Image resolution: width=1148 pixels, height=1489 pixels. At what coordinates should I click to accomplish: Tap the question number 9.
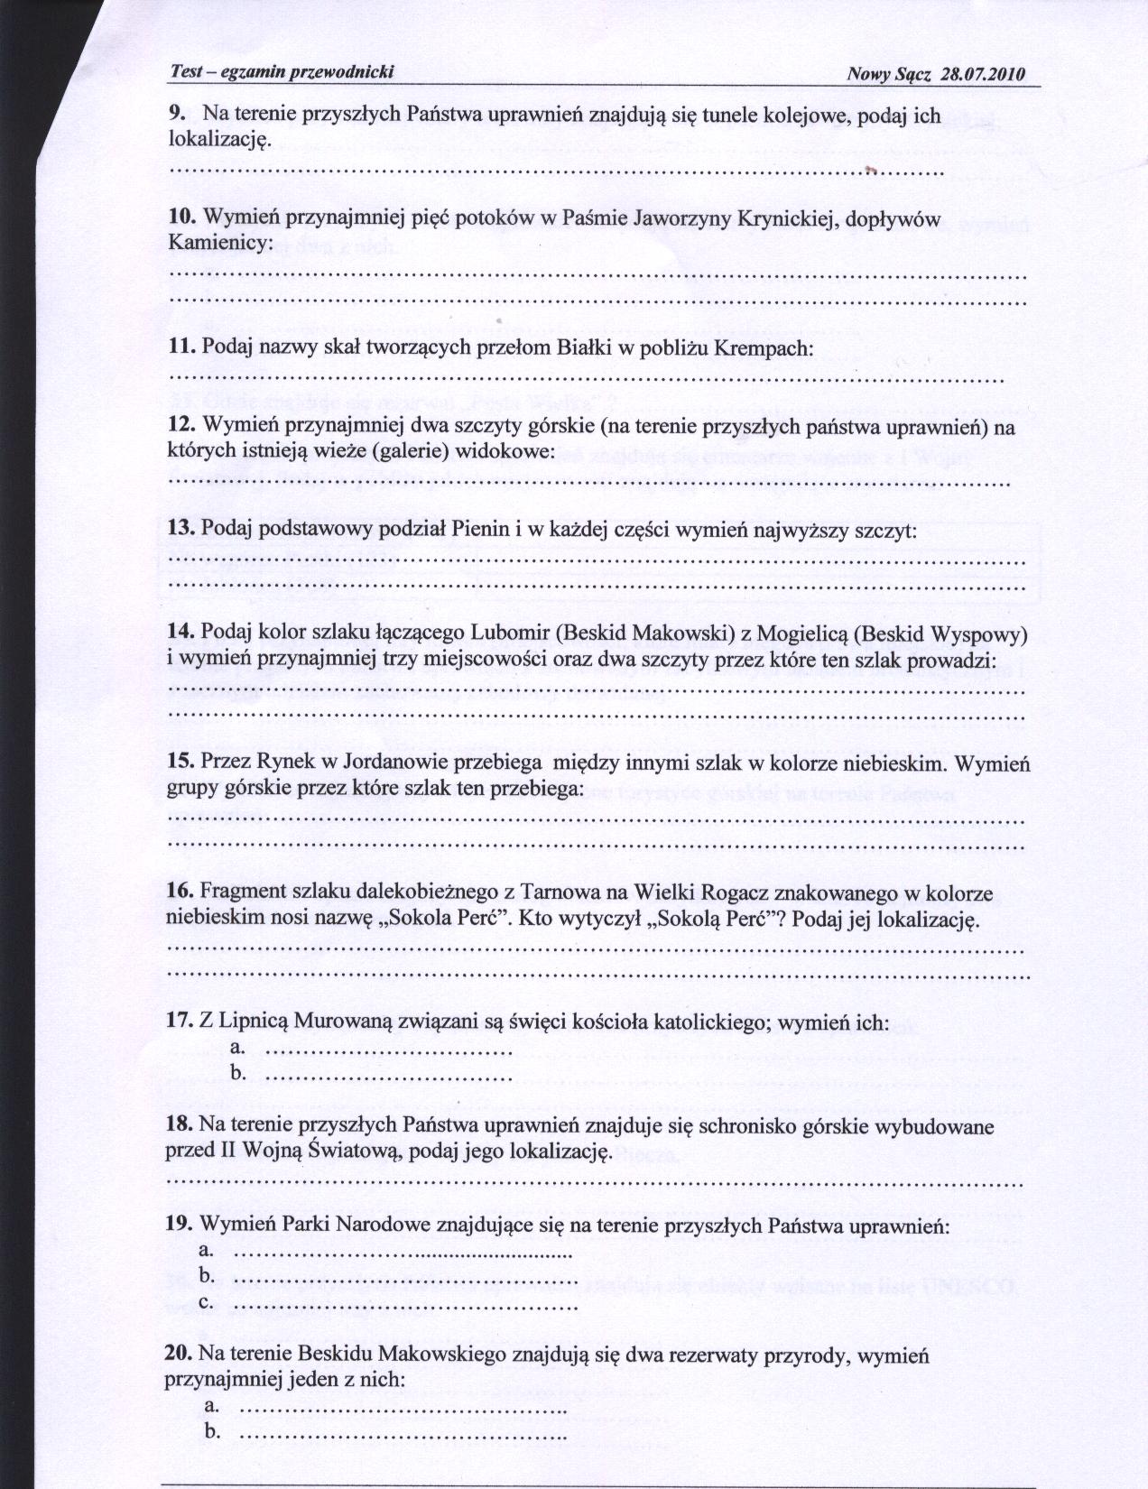coord(177,115)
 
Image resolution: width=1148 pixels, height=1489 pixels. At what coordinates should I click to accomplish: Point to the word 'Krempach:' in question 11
coord(765,347)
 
